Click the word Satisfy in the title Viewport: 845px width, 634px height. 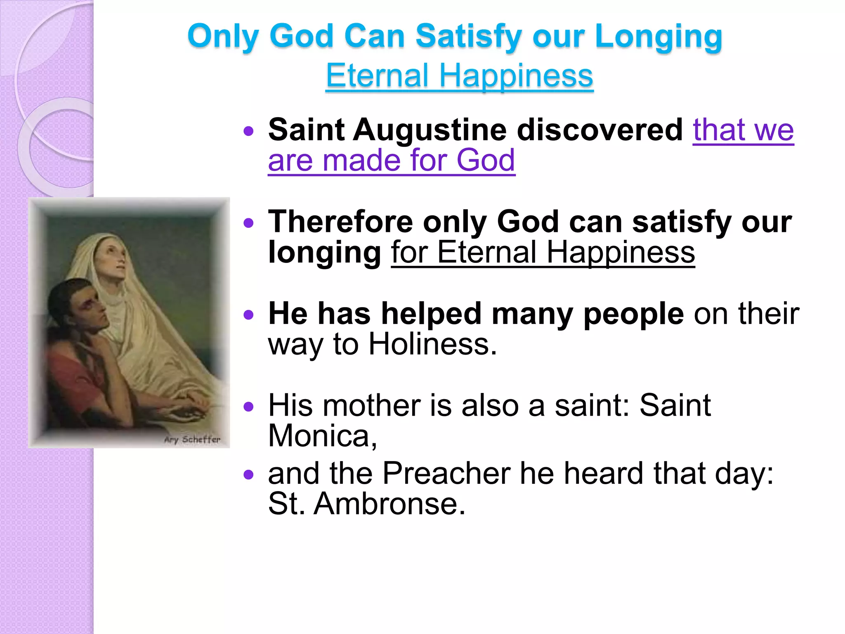[469, 36]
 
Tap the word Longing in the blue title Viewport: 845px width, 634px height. [659, 37]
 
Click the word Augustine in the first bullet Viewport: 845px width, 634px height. [429, 130]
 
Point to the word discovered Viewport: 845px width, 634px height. [600, 130]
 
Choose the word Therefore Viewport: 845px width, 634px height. [340, 222]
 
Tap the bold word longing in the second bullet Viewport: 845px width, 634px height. [324, 252]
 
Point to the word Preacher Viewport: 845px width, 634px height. [446, 473]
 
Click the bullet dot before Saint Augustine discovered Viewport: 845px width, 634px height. [248, 131]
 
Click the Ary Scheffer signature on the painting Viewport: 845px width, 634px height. [192, 439]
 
